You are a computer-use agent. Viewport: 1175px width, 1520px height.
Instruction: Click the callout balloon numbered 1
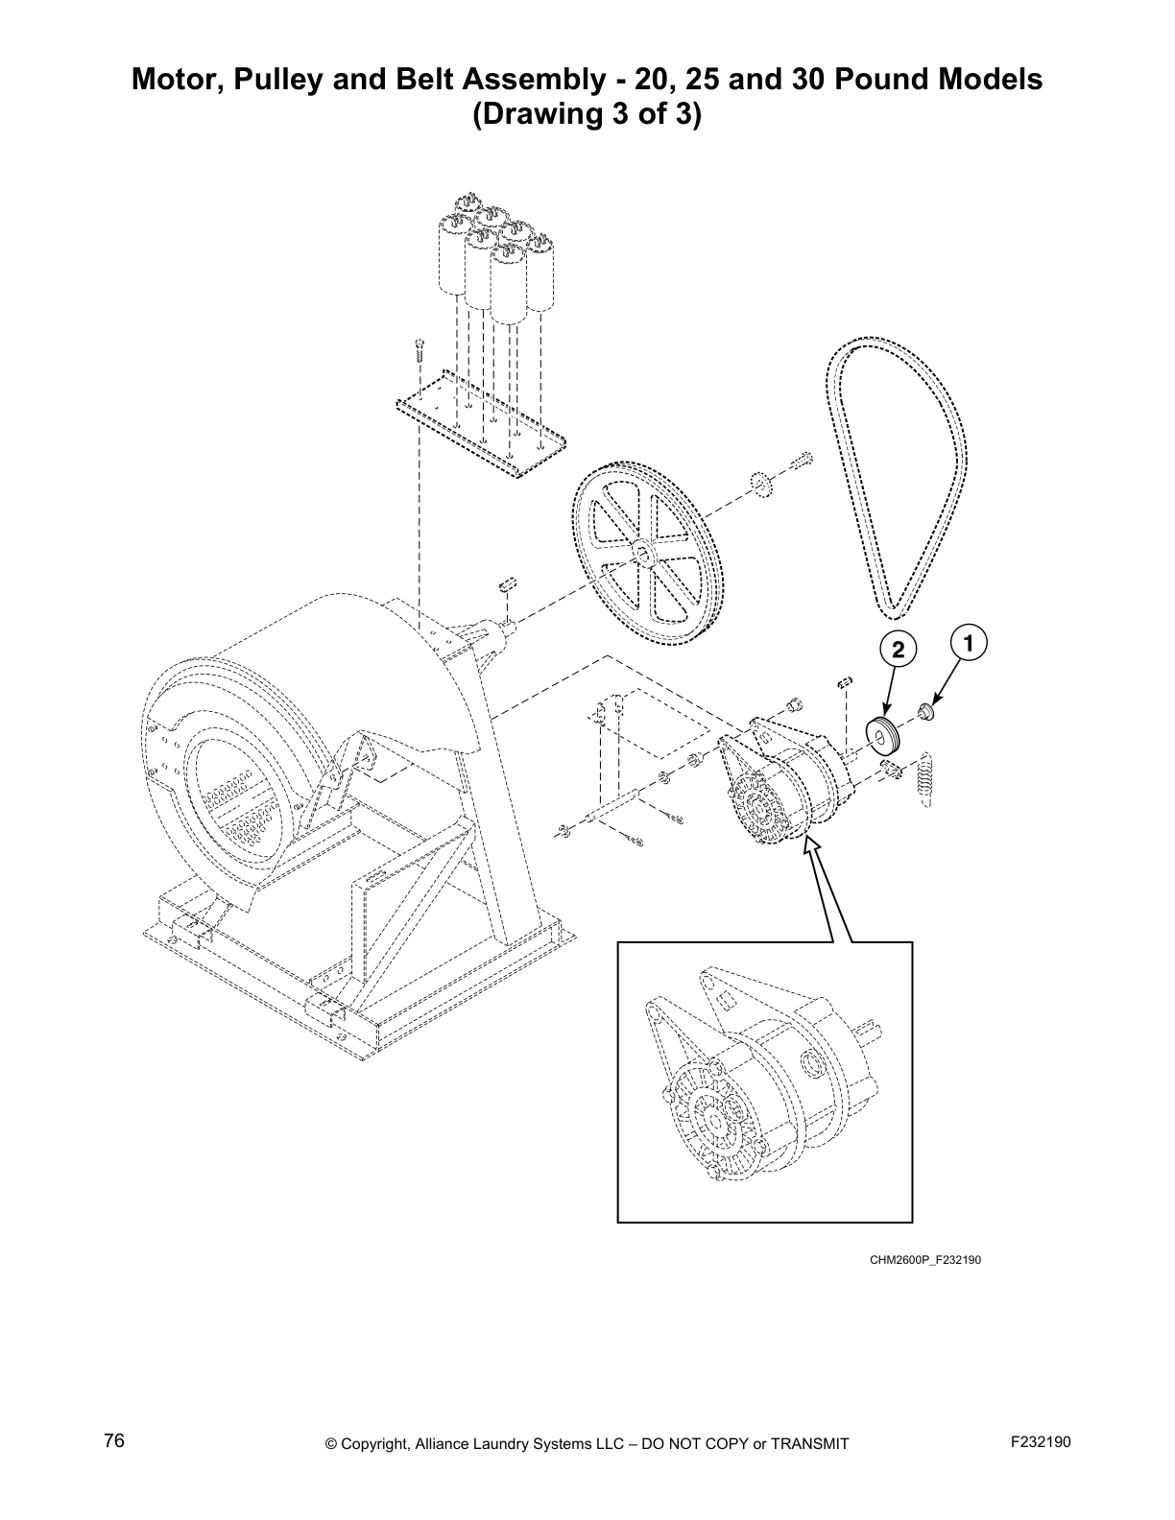pyautogui.click(x=970, y=642)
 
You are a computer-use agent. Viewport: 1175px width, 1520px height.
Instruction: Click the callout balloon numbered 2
pyautogui.click(x=898, y=650)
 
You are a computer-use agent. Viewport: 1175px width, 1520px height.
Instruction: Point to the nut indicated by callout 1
pyautogui.click(x=927, y=711)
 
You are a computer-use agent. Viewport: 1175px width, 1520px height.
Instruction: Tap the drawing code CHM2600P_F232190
pyautogui.click(x=925, y=1259)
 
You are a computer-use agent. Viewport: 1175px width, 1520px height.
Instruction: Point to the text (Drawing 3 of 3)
pyautogui.click(x=587, y=115)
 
